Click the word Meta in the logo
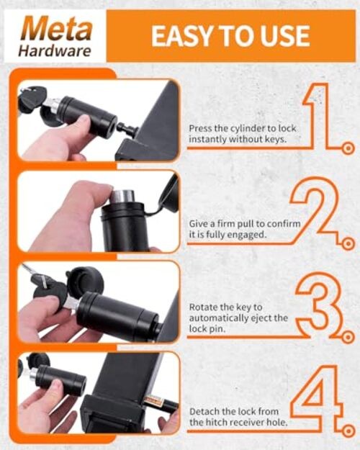click(x=57, y=29)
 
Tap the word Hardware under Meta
click(x=54, y=51)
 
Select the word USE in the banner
click(x=282, y=36)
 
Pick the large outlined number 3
click(x=319, y=305)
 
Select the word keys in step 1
click(x=276, y=140)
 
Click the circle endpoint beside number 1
click(x=348, y=148)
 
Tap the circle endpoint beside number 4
click(x=348, y=431)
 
